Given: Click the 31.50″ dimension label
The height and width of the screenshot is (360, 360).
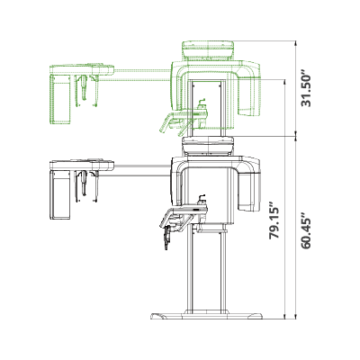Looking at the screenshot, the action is [307, 89].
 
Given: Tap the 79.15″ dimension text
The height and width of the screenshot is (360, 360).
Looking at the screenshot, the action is [274, 221].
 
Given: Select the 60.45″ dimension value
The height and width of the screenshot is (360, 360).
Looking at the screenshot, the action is [307, 230].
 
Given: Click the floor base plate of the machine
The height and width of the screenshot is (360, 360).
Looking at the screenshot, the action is [206, 316].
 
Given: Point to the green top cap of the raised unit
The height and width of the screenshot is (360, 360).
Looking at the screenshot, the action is [208, 50].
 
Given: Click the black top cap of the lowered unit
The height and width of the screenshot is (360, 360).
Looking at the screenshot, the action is [208, 146].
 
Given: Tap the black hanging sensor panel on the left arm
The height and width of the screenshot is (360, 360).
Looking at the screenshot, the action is [60, 195].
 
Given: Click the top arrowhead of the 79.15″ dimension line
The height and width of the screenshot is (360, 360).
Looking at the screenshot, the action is [284, 82].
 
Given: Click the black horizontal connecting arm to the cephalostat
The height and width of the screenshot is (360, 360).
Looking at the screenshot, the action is [141, 170].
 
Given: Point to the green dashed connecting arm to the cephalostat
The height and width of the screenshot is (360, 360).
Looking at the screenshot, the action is [141, 75].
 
